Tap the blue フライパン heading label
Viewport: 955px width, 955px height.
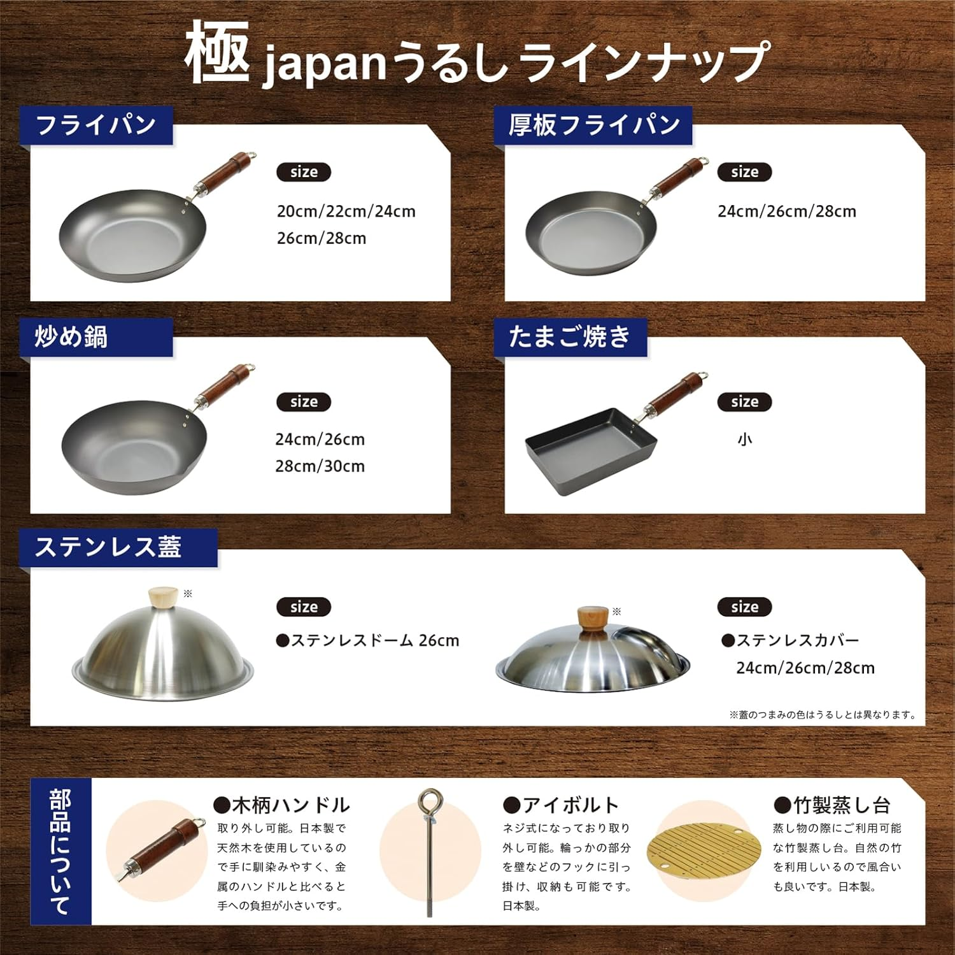tap(96, 125)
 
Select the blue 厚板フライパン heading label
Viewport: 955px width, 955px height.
tap(593, 125)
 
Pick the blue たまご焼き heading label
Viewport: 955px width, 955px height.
tap(570, 337)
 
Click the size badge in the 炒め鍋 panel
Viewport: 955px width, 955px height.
tap(304, 402)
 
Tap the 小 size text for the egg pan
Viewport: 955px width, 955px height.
tap(745, 440)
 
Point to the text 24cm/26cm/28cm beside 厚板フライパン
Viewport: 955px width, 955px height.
tap(787, 212)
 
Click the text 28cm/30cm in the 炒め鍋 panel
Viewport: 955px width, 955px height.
tap(320, 466)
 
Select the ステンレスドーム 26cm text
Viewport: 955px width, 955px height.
tap(368, 641)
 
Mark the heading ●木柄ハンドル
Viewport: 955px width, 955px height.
tap(282, 805)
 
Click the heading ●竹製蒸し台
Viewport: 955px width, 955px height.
tap(831, 805)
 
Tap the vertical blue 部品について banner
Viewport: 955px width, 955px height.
tap(61, 851)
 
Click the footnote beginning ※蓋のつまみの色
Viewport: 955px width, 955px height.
tap(823, 715)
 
